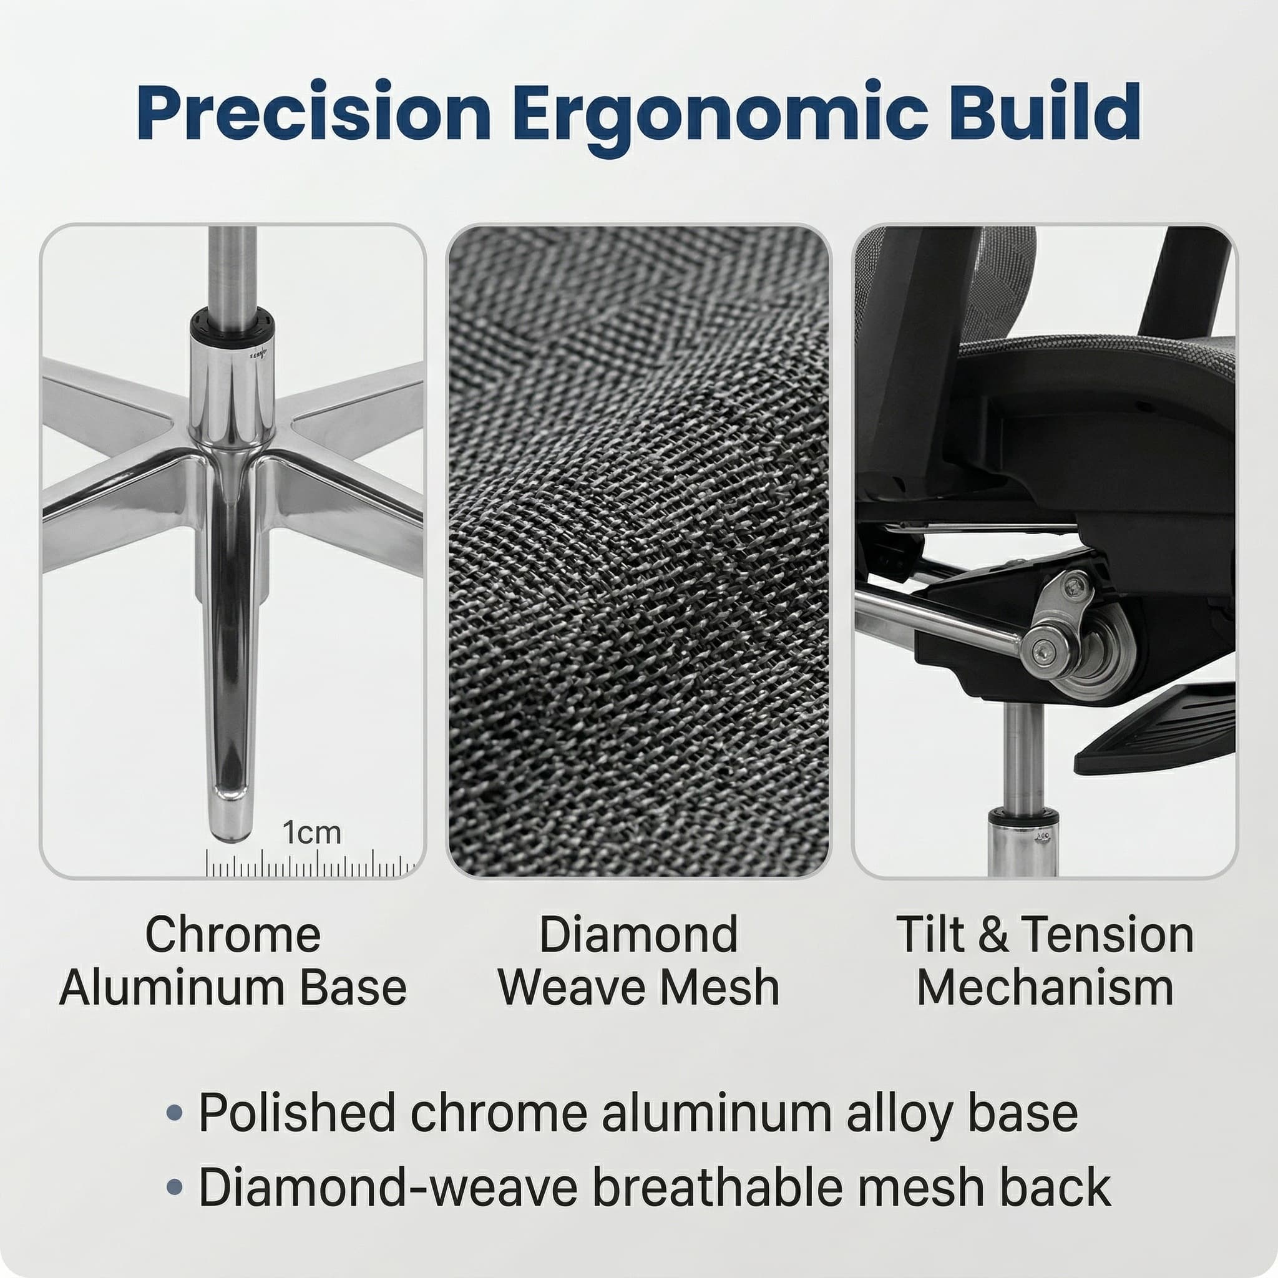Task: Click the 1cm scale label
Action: [311, 833]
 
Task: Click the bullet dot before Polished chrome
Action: [175, 1113]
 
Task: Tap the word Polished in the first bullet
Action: [296, 1113]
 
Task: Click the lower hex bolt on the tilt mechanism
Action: [1040, 649]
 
